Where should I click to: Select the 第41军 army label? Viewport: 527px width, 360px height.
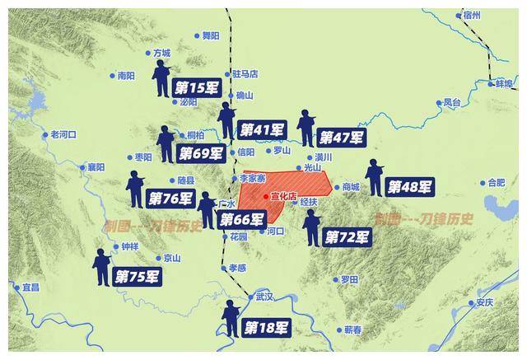click(x=261, y=129)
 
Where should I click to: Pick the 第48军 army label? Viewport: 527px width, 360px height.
click(x=410, y=186)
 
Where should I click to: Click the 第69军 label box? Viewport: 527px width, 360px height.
click(x=201, y=152)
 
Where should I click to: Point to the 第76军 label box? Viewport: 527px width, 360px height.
click(x=170, y=199)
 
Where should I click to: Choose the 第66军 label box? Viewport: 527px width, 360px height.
click(x=242, y=219)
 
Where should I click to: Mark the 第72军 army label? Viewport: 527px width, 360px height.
click(x=347, y=237)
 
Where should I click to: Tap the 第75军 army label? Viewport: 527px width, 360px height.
click(x=137, y=277)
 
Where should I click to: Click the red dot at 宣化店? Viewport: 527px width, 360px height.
click(x=265, y=197)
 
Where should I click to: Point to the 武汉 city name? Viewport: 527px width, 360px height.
click(x=263, y=297)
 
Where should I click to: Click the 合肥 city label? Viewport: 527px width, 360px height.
click(x=496, y=182)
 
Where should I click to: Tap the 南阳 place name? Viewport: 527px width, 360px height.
click(x=125, y=75)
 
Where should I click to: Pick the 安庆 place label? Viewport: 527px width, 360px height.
click(x=484, y=302)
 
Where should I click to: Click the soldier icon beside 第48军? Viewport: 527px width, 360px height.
click(x=375, y=177)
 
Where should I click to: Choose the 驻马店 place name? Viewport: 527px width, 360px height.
click(x=245, y=73)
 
